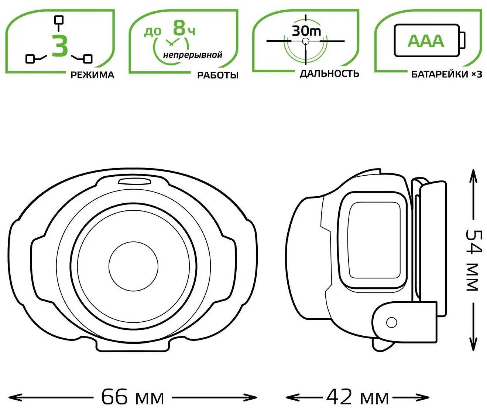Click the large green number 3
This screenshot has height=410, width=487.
[x=60, y=45]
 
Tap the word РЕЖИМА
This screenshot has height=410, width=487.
[x=92, y=75]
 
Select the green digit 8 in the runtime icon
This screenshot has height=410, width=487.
[x=179, y=28]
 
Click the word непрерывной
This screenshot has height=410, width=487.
[x=193, y=55]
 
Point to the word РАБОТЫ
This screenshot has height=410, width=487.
[x=217, y=75]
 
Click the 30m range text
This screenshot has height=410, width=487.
[x=306, y=31]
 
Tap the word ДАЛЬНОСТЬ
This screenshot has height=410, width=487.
[x=329, y=74]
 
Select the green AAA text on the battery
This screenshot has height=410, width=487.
[x=426, y=41]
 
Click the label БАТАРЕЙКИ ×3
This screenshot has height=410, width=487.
[x=446, y=74]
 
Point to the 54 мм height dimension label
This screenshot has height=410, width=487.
[x=473, y=261]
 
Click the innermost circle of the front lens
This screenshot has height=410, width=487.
[x=133, y=266]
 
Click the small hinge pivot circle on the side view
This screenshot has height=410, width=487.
[x=391, y=323]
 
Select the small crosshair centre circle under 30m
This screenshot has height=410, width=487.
[x=306, y=41]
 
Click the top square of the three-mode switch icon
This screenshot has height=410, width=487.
[x=59, y=20]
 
